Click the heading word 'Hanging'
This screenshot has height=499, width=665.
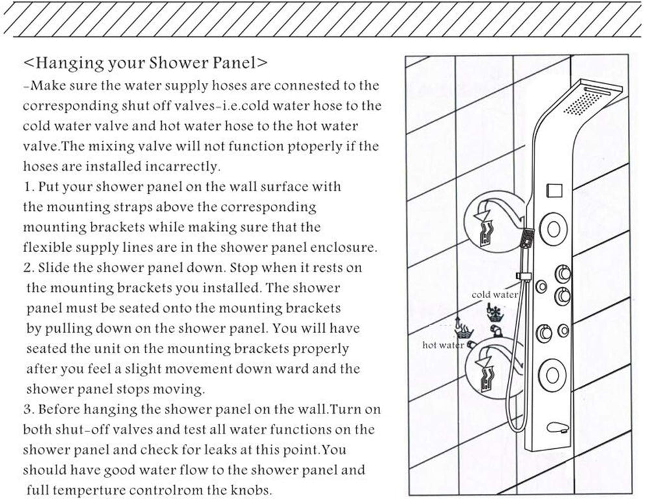click(x=68, y=64)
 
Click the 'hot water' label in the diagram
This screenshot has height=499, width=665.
click(x=442, y=345)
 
